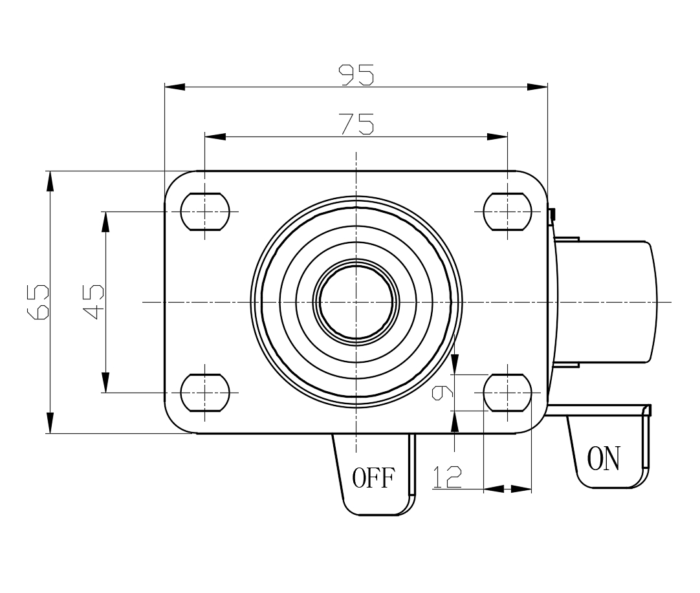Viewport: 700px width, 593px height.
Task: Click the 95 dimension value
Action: click(356, 75)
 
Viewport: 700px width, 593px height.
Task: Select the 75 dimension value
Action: click(356, 124)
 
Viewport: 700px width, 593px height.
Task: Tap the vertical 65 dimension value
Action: click(39, 301)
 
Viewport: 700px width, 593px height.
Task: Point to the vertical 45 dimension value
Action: click(94, 301)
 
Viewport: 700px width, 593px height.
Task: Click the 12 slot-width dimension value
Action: click(447, 477)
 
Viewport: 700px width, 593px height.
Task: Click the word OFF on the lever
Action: click(373, 479)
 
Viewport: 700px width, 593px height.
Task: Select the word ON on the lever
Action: click(603, 458)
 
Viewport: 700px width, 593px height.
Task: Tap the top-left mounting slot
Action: click(205, 211)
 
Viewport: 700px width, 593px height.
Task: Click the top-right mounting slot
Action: click(508, 211)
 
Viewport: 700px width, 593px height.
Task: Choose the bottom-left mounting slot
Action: click(205, 393)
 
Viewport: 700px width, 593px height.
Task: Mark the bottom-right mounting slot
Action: click(508, 393)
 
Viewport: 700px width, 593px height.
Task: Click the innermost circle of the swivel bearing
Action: click(356, 301)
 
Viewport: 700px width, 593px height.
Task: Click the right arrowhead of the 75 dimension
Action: click(498, 136)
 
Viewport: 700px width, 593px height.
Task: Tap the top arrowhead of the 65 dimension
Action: click(50, 181)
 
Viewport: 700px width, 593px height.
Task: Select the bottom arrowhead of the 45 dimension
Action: click(105, 382)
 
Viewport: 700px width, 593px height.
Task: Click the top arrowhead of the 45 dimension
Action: click(105, 222)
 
